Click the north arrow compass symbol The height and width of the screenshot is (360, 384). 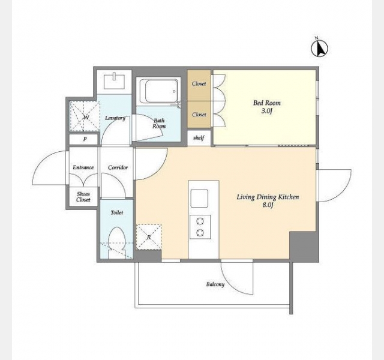tap(320, 48)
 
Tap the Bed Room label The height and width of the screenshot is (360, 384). tap(267, 103)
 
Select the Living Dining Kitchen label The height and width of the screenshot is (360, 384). tap(268, 197)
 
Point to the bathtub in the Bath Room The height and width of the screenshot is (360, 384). tap(158, 91)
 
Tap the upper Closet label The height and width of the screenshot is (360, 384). tap(199, 84)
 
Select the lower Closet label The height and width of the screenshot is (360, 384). tap(199, 115)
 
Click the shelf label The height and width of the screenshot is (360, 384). tap(199, 138)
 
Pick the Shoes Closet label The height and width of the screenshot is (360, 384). tap(83, 197)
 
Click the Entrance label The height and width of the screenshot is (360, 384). tap(83, 167)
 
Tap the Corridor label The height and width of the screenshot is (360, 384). tap(118, 167)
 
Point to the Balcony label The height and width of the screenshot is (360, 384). tap(215, 284)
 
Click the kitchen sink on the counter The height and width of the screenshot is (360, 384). tap(199, 198)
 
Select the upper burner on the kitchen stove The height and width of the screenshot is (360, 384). tap(200, 221)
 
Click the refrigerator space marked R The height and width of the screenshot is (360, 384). tap(149, 237)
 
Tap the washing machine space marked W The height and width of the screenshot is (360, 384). tap(85, 116)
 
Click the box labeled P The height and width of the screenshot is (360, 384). tap(84, 139)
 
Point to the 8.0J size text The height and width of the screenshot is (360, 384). tap(268, 205)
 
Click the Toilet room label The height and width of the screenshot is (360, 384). tap(117, 212)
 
